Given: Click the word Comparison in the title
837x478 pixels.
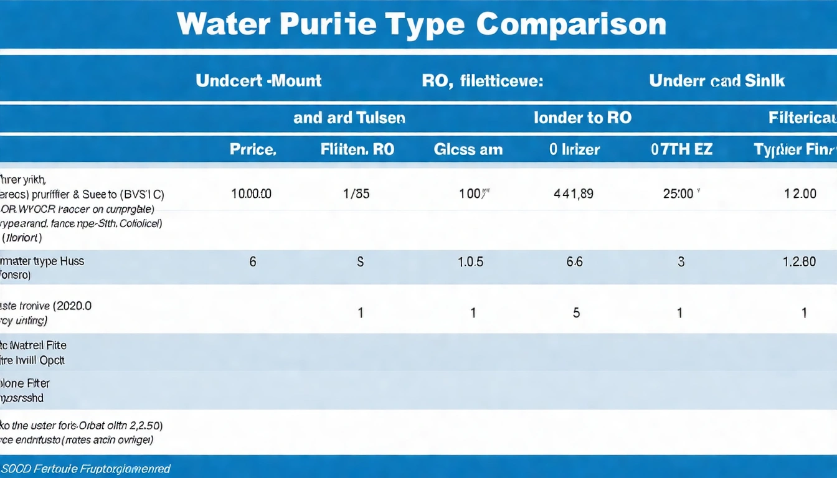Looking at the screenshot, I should (571, 24).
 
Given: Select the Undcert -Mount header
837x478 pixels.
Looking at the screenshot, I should (258, 80).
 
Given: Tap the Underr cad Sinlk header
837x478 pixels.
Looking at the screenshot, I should (717, 80).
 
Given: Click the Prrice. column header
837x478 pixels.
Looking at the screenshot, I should (252, 149).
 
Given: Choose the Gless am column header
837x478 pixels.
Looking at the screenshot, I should (468, 149).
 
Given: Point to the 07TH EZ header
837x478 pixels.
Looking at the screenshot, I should (682, 149).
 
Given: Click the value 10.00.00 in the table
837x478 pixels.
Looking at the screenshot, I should (251, 194).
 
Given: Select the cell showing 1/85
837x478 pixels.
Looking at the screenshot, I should (357, 194).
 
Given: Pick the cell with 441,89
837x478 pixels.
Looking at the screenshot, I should (574, 194).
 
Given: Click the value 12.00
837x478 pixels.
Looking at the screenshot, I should (800, 194).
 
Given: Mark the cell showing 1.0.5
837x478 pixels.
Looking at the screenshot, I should (470, 262).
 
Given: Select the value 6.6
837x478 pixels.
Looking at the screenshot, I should (575, 262).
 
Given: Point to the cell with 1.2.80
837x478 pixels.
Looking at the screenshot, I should (799, 262).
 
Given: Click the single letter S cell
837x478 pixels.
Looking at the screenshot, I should (360, 262).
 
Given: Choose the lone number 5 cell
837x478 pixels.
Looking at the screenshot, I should (576, 313).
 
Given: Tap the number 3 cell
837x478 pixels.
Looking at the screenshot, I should (681, 262).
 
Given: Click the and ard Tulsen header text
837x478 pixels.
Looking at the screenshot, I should (349, 118).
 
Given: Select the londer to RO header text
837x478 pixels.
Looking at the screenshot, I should (582, 118).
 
